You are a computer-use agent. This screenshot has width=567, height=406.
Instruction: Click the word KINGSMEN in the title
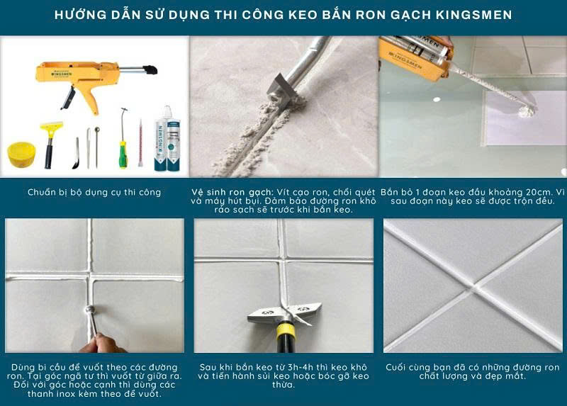pyautogui.click(x=474, y=15)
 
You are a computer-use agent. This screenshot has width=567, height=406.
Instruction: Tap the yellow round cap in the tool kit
pyautogui.click(x=21, y=154)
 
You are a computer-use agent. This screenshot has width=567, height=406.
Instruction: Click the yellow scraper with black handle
pyautogui.click(x=50, y=145)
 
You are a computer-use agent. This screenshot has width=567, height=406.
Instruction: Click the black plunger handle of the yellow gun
pyautogui.click(x=150, y=69)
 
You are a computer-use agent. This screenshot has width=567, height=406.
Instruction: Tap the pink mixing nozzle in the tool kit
pyautogui.click(x=140, y=144)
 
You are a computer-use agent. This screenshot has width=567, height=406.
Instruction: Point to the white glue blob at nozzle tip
pyautogui.click(x=526, y=111)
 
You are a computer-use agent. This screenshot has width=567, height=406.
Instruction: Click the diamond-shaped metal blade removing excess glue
pyautogui.click(x=284, y=312)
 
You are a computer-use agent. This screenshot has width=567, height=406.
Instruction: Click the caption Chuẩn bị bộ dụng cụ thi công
pyautogui.click(x=94, y=192)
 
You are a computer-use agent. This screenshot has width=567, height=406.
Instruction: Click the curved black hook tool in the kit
pyautogui.click(x=76, y=153)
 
